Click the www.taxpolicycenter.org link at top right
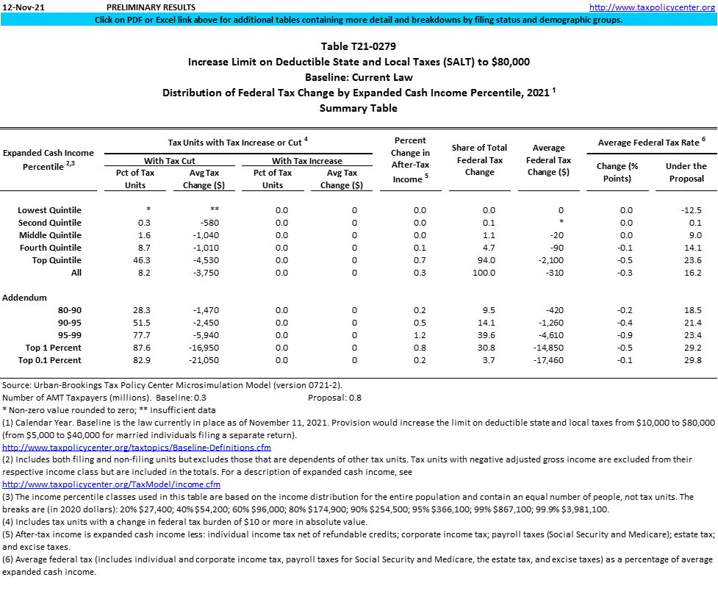pos(653,7)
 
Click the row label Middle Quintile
pos(49,235)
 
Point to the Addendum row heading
pos(25,298)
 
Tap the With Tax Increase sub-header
pos(306,161)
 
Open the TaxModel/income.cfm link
pos(112,484)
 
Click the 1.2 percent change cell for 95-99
pos(420,335)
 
